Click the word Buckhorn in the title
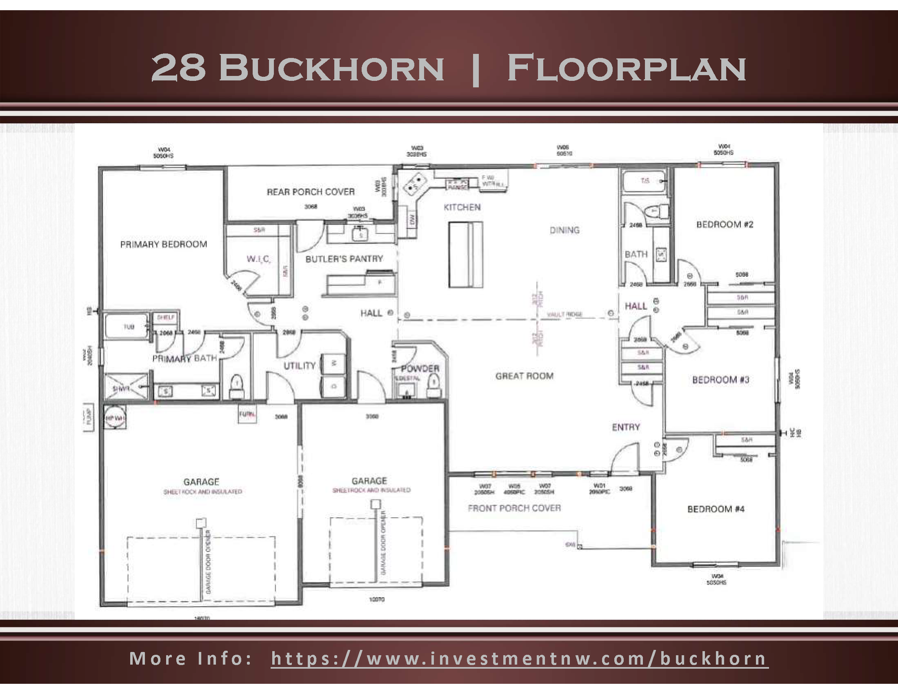(331, 68)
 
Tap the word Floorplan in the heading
(627, 68)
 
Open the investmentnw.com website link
(519, 658)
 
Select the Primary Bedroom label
(164, 244)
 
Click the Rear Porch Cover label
(311, 191)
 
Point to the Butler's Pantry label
(344, 258)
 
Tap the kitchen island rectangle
(465, 254)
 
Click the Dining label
(565, 230)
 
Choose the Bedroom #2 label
(725, 224)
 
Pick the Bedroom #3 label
(720, 380)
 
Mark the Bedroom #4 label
(716, 509)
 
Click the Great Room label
(524, 376)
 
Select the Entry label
(626, 427)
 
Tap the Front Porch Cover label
(514, 508)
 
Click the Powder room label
(420, 368)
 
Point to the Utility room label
(299, 365)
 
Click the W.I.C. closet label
(258, 259)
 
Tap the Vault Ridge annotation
(564, 314)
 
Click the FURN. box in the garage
(247, 414)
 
